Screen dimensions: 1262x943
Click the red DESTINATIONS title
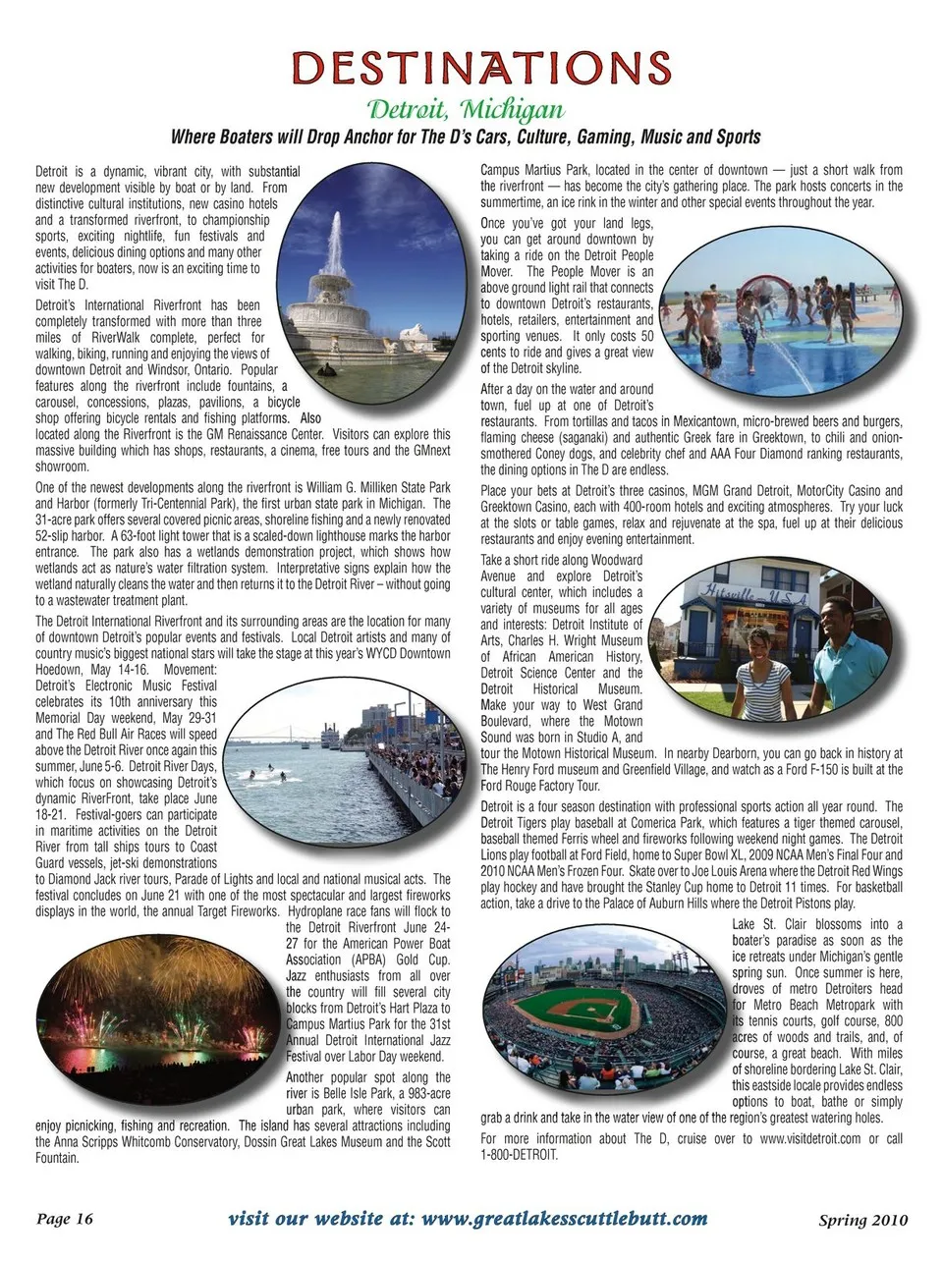[x=480, y=69]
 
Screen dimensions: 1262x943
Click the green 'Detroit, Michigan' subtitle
[x=466, y=107]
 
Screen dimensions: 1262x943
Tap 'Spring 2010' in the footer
[x=862, y=1221]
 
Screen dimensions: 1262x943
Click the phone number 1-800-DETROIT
[x=520, y=1155]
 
